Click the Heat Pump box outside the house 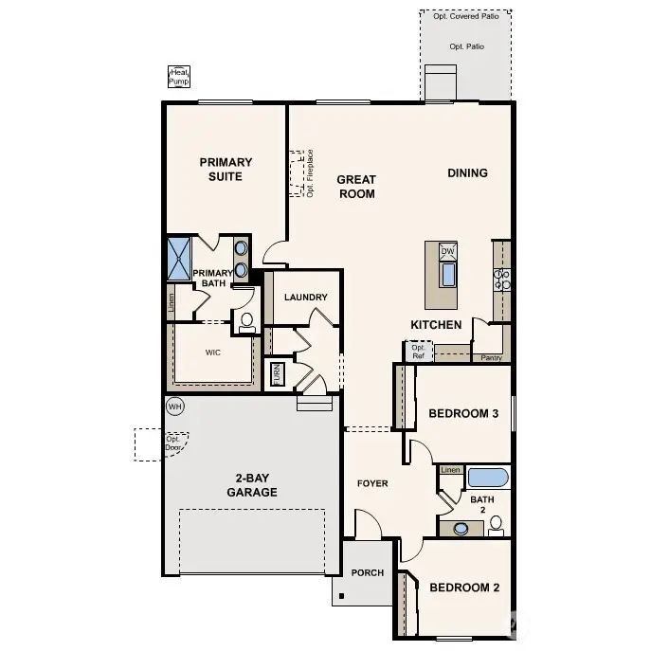click(x=178, y=77)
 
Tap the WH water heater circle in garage click(x=174, y=407)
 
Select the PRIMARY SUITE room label click(x=226, y=169)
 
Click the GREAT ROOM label click(x=356, y=187)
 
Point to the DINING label click(x=467, y=172)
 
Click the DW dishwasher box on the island click(x=448, y=251)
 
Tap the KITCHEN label click(x=436, y=325)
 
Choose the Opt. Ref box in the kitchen click(x=418, y=351)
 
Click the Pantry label click(x=491, y=358)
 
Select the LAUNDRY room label click(x=305, y=297)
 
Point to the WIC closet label click(x=212, y=351)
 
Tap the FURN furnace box click(x=277, y=372)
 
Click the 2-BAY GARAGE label click(x=251, y=485)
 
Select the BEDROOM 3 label click(x=463, y=413)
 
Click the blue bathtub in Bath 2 click(x=488, y=477)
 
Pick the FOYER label click(x=372, y=483)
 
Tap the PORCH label click(x=367, y=572)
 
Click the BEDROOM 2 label click(x=464, y=588)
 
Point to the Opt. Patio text click(x=466, y=46)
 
